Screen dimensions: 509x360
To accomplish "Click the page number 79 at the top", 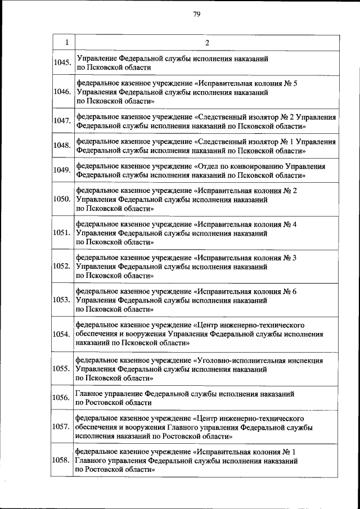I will coord(197,15).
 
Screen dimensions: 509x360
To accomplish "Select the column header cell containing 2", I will coord(206,43).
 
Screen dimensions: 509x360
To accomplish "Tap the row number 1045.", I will coord(62,62).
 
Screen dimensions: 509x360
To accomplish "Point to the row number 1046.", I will coord(62,92).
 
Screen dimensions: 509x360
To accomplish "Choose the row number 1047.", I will coord(62,121).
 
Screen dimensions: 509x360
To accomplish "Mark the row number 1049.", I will coord(62,170).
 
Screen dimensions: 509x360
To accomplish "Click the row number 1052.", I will coord(62,265).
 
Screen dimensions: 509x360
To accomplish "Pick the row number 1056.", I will coord(62,398).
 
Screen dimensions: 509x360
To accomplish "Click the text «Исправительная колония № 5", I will coord(245,83).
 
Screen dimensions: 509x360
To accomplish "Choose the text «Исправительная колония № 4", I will coord(245,224).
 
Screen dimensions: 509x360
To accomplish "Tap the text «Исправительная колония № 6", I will coord(245,291).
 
